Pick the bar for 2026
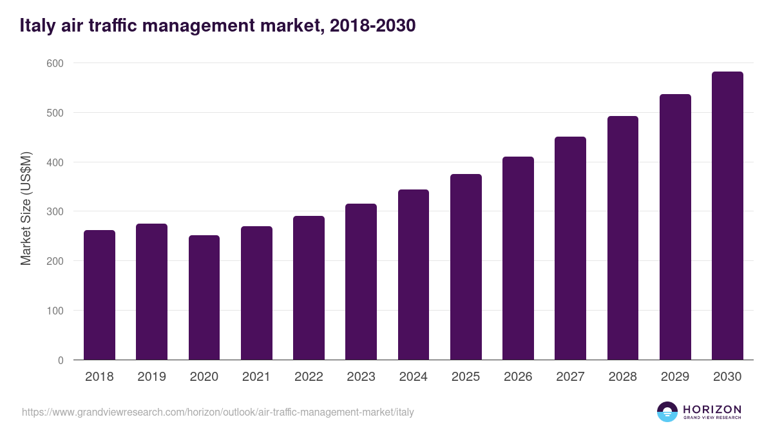click(518, 258)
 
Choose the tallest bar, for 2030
click(727, 216)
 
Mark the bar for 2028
click(623, 238)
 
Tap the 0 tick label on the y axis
click(60, 360)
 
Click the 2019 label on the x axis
click(151, 377)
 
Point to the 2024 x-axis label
click(413, 377)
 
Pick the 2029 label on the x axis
click(675, 377)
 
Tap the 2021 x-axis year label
click(256, 377)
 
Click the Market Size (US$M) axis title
click(26, 209)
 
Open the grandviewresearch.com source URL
click(218, 412)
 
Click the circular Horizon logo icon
click(667, 412)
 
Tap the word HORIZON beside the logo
click(712, 409)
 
